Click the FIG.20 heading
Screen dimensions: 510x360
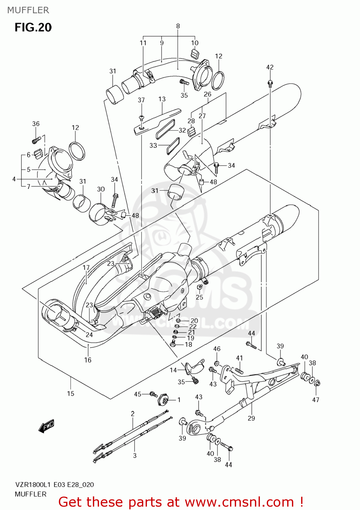pyautogui.click(x=33, y=28)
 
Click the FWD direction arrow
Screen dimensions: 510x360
pyautogui.click(x=47, y=426)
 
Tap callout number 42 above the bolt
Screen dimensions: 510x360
pyautogui.click(x=270, y=67)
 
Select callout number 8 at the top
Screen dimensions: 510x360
pyautogui.click(x=178, y=26)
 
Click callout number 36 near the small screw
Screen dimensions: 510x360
pyautogui.click(x=36, y=124)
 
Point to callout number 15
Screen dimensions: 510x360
pyautogui.click(x=70, y=393)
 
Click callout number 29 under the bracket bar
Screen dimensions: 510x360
pyautogui.click(x=251, y=418)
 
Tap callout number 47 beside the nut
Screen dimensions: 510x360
pyautogui.click(x=316, y=400)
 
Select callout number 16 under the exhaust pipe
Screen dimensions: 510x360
pyautogui.click(x=88, y=360)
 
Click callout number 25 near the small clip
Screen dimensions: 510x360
pyautogui.click(x=199, y=297)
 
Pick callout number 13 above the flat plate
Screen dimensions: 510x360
pyautogui.click(x=162, y=99)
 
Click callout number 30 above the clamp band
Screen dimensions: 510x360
pyautogui.click(x=101, y=189)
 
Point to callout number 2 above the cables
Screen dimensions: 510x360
pyautogui.click(x=133, y=413)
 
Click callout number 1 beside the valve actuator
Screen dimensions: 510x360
pyautogui.click(x=179, y=400)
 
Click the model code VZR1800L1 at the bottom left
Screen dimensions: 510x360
pyautogui.click(x=33, y=485)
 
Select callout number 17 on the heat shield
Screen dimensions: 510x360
pyautogui.click(x=86, y=268)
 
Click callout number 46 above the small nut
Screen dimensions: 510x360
pyautogui.click(x=217, y=348)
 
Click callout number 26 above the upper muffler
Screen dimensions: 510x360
pyautogui.click(x=208, y=94)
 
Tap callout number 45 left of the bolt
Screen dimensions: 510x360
pyautogui.click(x=137, y=394)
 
